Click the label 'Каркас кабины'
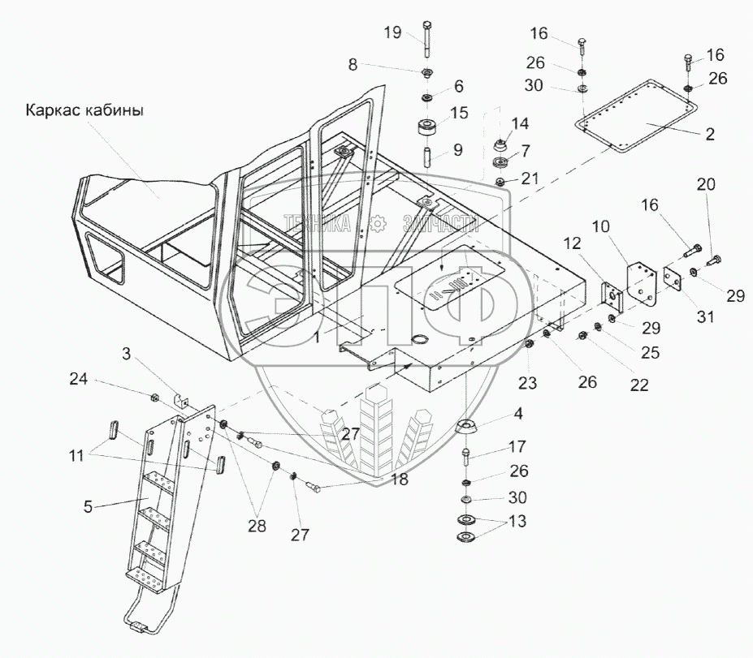tap(86, 111)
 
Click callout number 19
tap(392, 33)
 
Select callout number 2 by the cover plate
tap(709, 135)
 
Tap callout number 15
tap(459, 112)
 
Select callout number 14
tap(520, 124)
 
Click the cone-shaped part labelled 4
tap(466, 429)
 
